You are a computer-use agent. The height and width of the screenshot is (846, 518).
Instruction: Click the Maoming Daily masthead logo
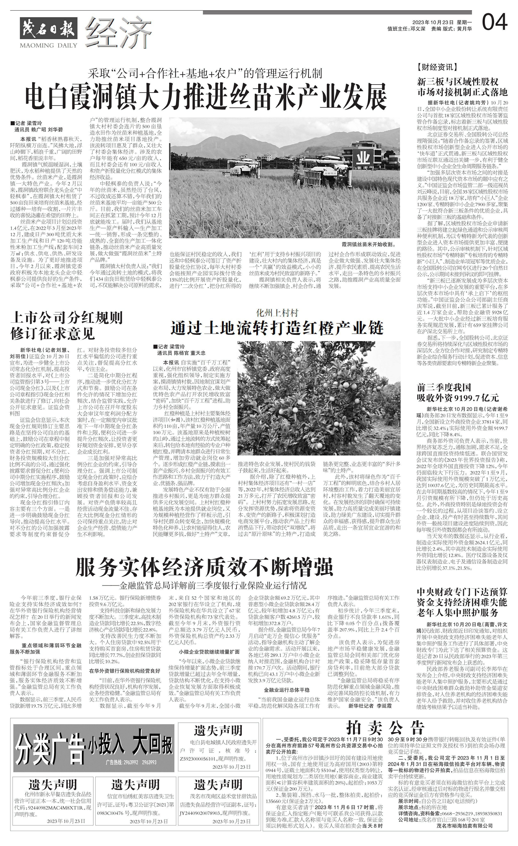tap(48, 33)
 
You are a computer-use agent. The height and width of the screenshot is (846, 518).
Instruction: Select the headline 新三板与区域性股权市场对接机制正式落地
tap(462, 87)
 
